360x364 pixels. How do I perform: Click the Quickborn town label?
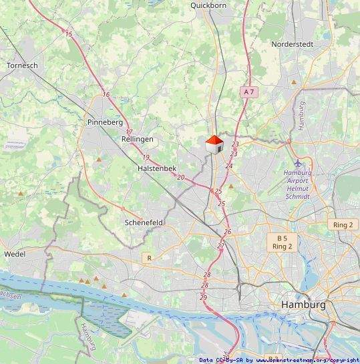point(210,5)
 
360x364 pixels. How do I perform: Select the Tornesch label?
point(21,65)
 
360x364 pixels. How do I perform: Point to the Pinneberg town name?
point(105,123)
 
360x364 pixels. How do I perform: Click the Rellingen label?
point(138,139)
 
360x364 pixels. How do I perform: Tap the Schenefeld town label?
point(144,222)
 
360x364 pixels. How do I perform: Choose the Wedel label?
point(15,254)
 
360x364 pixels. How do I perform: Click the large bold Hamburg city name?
point(303,305)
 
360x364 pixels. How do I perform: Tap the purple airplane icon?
point(298,164)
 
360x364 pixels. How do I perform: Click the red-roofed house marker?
point(214,144)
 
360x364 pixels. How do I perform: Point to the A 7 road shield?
point(249,91)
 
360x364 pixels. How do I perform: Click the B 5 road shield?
point(282,238)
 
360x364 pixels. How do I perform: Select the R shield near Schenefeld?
point(149,257)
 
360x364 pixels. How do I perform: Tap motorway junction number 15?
point(68,33)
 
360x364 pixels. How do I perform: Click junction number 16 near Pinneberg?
point(106,95)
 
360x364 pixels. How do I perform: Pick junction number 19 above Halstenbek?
point(146,157)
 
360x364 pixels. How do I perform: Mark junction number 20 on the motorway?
point(180,177)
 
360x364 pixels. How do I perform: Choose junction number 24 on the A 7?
point(229,166)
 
